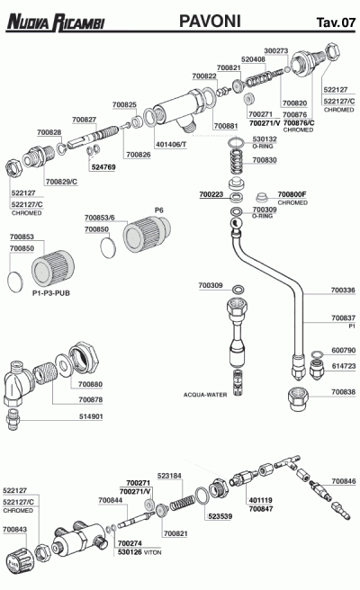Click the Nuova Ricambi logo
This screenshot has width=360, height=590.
(x=56, y=22)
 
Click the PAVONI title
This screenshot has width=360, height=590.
(x=210, y=21)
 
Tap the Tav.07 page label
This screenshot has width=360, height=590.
(x=336, y=22)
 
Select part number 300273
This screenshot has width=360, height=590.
(x=276, y=50)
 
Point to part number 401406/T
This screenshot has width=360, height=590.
(x=171, y=144)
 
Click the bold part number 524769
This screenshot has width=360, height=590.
(x=103, y=167)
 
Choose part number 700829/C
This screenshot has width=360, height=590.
(x=61, y=182)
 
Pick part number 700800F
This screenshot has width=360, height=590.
(x=292, y=194)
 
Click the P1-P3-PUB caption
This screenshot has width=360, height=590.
(x=51, y=293)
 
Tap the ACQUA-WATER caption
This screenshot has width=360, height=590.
(x=205, y=395)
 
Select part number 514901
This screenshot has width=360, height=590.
(x=91, y=416)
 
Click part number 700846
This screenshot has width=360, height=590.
(x=344, y=481)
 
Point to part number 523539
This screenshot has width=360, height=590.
(x=220, y=516)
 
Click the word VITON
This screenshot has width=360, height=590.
(x=152, y=552)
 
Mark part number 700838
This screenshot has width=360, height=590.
(x=343, y=392)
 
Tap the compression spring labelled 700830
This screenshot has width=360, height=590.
(x=236, y=160)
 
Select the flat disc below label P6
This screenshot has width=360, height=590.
(x=108, y=247)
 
